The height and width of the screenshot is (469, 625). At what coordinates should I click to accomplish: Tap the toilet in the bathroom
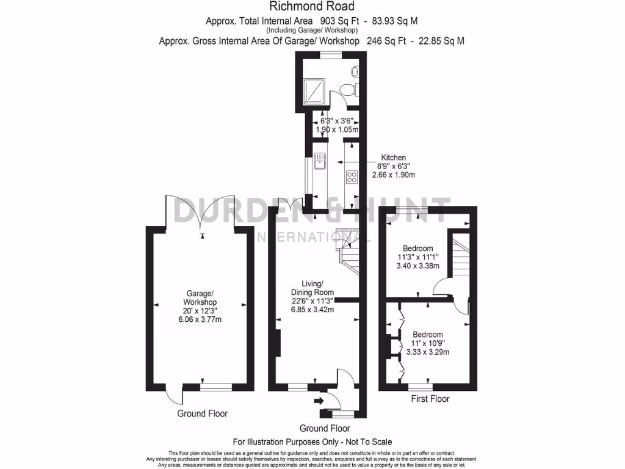pos(349,89)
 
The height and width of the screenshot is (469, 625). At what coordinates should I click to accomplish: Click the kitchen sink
pos(320,162)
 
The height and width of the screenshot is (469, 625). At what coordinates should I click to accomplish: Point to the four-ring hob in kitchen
pos(352,178)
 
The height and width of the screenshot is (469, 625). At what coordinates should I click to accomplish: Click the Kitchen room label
pos(394,158)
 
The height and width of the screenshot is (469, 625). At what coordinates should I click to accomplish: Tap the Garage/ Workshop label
pos(200,298)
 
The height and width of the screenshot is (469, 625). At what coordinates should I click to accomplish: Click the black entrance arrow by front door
pos(318,401)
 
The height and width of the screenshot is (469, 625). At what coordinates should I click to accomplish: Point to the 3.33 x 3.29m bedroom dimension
pos(428,352)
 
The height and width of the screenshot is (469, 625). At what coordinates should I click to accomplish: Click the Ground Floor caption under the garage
pos(202,413)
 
